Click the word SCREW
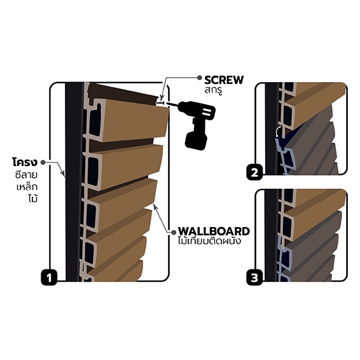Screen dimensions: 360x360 tap(224, 80)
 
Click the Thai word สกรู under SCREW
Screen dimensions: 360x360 tap(213, 90)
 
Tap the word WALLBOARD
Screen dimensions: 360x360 tap(214, 232)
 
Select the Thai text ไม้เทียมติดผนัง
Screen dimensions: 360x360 tap(209, 241)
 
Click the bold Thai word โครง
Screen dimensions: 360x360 tap(25, 162)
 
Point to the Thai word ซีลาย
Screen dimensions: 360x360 tap(27, 175)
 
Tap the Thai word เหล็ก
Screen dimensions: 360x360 tap(27, 186)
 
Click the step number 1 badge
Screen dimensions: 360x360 tap(49, 278)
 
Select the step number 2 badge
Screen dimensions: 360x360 tap(254, 172)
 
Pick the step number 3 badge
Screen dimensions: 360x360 tap(254, 278)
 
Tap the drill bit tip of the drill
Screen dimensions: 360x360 tap(168, 104)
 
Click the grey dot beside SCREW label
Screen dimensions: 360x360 tap(200, 78)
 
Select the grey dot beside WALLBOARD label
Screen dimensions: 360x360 tap(174, 233)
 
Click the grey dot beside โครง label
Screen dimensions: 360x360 tap(43, 162)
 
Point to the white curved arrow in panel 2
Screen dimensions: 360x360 tap(279, 131)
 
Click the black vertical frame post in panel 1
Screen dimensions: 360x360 tap(74, 181)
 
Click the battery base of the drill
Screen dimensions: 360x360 tap(196, 141)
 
